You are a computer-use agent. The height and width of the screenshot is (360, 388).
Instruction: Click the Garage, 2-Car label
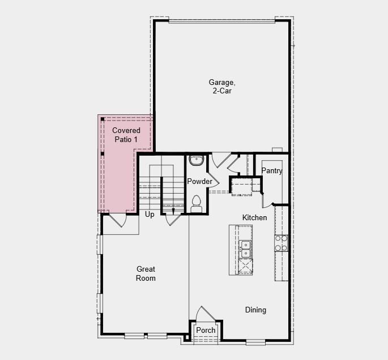coord(221,87)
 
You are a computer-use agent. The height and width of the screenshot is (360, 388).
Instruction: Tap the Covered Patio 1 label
coord(126,135)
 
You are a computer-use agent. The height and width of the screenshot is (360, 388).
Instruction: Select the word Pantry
coord(272,171)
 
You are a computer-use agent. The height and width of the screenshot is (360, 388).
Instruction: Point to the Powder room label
coord(199,182)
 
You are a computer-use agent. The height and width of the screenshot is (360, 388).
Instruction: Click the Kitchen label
coord(254,218)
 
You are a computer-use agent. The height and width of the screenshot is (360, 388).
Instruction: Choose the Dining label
coord(255,310)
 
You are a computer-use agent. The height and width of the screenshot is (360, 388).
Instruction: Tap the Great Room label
coord(146,273)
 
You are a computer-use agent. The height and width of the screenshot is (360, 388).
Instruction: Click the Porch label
coord(206,331)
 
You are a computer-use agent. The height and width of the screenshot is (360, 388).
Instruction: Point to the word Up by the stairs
coord(150,215)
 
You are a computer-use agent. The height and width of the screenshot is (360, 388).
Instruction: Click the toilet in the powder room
coord(197,203)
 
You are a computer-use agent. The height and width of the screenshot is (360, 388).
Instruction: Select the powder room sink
coord(197,160)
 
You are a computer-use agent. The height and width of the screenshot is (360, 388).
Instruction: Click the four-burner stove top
coord(281,243)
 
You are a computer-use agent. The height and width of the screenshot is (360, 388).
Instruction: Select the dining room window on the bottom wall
coord(255,341)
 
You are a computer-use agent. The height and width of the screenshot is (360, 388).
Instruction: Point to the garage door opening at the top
coord(221,22)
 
